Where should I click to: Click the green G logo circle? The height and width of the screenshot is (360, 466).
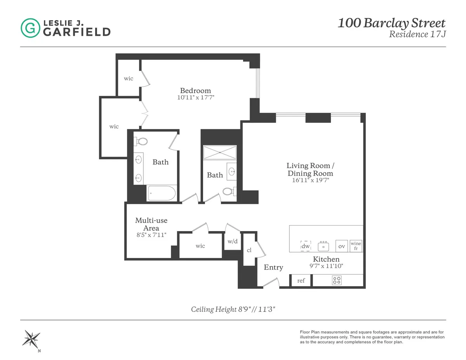click(30, 28)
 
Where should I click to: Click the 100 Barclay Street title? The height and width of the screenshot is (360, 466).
click(391, 23)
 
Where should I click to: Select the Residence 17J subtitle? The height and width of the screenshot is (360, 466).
click(417, 34)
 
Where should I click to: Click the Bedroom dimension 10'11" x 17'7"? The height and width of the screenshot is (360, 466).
click(195, 98)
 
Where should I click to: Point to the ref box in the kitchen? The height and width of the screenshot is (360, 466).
click(301, 280)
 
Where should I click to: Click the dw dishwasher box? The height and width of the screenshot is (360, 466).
click(306, 246)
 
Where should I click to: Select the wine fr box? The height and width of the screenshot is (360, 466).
click(356, 246)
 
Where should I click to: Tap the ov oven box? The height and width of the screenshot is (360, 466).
click(342, 246)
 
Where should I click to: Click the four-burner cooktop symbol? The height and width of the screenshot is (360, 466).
click(337, 280)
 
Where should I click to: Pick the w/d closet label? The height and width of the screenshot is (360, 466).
click(232, 241)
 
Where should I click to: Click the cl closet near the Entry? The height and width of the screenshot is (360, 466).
click(249, 250)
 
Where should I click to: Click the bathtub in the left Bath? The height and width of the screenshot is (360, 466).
click(162, 193)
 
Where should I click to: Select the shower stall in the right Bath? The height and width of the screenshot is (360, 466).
click(220, 152)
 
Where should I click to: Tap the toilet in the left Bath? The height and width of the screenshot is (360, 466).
click(141, 141)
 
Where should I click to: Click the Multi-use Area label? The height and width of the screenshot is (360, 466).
click(151, 224)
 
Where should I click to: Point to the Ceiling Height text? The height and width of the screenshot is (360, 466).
click(233, 310)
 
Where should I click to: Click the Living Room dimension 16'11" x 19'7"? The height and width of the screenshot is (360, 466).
click(310, 180)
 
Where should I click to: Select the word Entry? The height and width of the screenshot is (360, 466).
click(273, 267)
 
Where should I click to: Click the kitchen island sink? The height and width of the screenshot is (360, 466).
click(323, 246)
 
